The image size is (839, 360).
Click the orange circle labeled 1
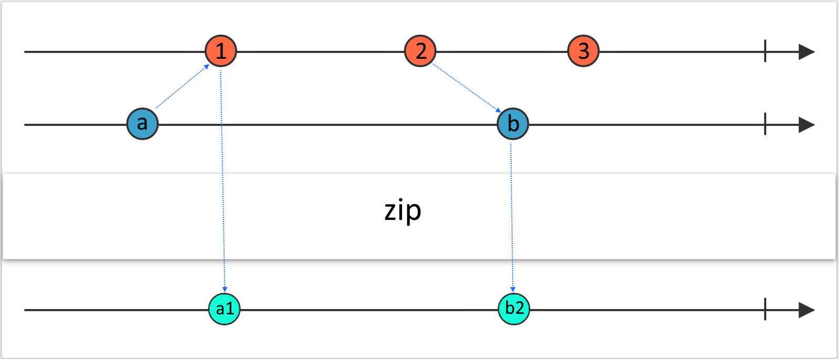(221, 51)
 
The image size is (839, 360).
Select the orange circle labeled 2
(420, 51)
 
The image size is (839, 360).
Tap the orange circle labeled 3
(583, 51)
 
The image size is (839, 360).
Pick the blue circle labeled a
(142, 124)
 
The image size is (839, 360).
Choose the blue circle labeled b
(513, 124)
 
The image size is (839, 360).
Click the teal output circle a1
(225, 309)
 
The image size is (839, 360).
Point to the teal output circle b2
(514, 309)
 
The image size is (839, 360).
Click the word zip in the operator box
(403, 211)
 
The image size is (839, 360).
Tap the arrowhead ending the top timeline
(806, 52)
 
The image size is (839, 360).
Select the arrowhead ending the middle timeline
(806, 125)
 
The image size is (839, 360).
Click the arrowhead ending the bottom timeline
(806, 310)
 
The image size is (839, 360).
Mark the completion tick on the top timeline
(765, 51)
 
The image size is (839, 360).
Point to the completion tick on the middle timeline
(765, 124)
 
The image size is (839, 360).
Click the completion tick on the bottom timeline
(765, 309)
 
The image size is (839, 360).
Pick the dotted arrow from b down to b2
(512, 215)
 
